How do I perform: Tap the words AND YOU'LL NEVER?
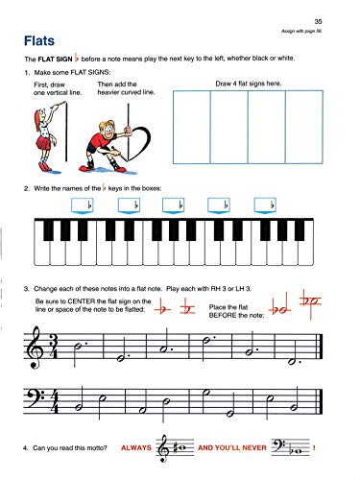tap(233, 448)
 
